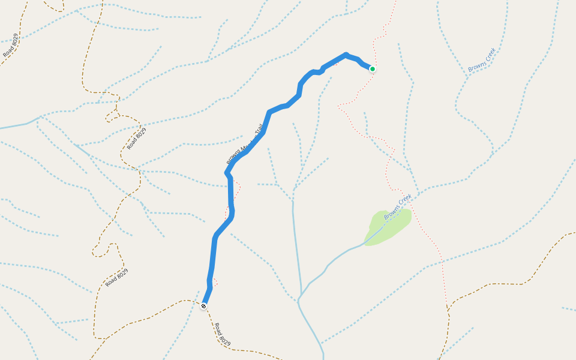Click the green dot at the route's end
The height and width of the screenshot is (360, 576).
coord(372,69)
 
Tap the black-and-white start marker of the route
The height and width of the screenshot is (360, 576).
coord(203,306)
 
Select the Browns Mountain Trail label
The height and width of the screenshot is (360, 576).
coord(245,144)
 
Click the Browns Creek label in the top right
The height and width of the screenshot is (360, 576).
coord(482,60)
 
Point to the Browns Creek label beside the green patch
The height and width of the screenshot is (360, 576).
coord(398,206)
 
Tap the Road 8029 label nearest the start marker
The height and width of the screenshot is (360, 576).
coord(222,334)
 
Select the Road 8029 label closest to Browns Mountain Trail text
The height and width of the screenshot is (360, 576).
coord(137,139)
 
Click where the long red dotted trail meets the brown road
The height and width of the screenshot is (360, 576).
coord(448,310)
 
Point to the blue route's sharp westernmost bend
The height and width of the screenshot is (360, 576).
coord(226,173)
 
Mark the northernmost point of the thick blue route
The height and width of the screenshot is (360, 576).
coord(346,55)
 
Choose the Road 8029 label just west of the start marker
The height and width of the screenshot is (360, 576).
coord(116,278)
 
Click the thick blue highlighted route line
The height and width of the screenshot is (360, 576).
coord(231,198)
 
